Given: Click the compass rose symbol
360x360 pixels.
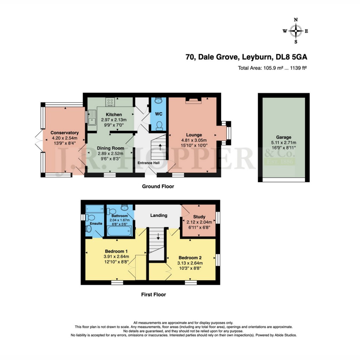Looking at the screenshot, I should (296, 31).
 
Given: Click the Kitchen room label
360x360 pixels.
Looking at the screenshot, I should (114, 115).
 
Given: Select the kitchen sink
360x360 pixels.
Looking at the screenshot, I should (92, 117).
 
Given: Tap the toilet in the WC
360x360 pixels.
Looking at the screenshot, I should (159, 126).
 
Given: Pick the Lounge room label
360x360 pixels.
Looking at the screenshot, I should (194, 135).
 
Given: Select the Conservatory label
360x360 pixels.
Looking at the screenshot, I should (64, 133).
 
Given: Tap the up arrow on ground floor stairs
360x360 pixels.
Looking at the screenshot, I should (161, 147).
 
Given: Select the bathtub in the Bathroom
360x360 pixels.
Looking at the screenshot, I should (119, 232).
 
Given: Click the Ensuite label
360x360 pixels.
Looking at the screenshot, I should (96, 223).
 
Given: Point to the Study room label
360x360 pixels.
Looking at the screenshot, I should (199, 217).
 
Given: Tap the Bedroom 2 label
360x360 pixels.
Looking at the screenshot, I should (190, 257).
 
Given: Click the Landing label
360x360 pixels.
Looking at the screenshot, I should (159, 215).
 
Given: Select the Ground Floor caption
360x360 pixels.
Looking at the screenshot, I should (158, 186).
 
